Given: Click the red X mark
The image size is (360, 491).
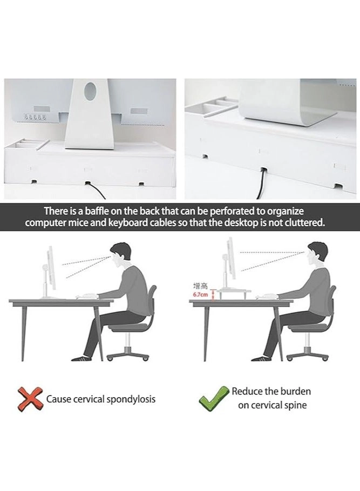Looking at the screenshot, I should pos(30,399).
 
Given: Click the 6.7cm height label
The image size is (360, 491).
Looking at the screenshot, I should pos(200,295).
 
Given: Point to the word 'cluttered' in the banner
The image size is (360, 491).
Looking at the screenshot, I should pos(303,223).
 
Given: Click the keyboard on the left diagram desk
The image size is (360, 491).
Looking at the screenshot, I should pos(86,296).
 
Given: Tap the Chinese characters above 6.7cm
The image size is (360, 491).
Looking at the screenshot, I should pos(200,286).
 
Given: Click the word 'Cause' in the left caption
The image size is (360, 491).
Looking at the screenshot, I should pos(58,399).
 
